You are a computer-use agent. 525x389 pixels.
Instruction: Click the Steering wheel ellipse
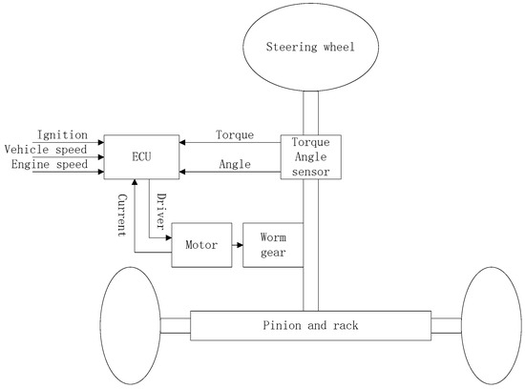pyautogui.click(x=310, y=46)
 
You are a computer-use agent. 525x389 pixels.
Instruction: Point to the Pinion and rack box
pyautogui.click(x=310, y=325)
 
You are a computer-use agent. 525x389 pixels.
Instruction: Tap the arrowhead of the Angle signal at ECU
pyautogui.click(x=182, y=172)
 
